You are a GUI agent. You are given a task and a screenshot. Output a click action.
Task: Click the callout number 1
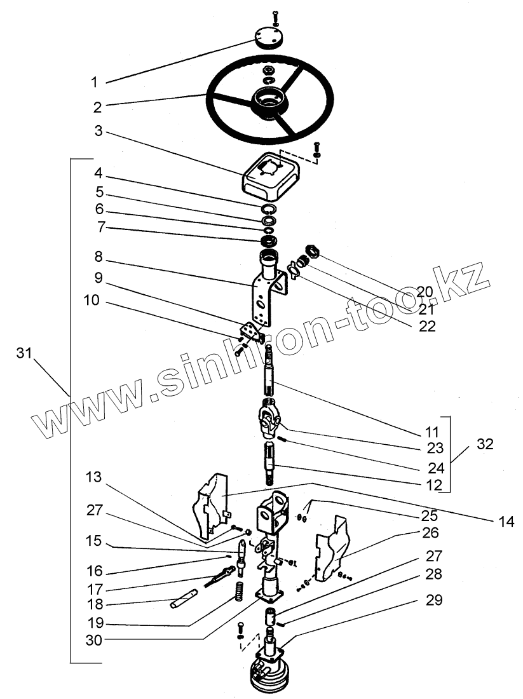point(94,82)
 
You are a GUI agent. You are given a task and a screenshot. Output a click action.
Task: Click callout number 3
point(98,132)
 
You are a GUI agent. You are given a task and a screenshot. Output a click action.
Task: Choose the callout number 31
point(24,355)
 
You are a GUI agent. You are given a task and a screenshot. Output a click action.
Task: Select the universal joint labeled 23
point(269,420)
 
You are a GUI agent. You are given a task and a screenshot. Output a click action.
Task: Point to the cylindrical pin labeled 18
point(184,599)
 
